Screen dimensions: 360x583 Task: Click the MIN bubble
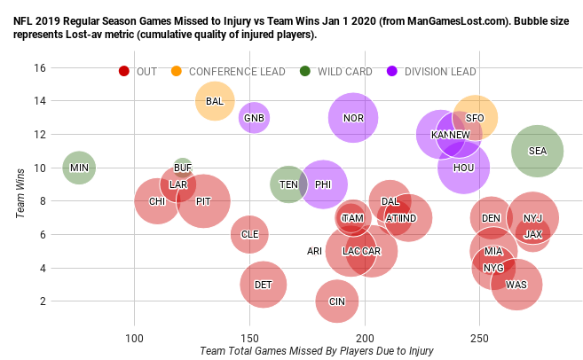(x=79, y=168)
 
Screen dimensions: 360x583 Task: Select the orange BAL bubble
(x=214, y=101)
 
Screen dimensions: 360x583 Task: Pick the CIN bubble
(x=337, y=301)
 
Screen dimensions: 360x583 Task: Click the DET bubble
(x=263, y=285)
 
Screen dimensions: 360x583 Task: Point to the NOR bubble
(x=353, y=118)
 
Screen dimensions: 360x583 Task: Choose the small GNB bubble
(x=254, y=118)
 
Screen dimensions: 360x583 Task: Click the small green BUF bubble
(x=183, y=167)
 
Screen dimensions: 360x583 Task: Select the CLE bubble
(x=250, y=234)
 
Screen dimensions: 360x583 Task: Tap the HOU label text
(x=463, y=168)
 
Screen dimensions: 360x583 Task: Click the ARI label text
(x=314, y=251)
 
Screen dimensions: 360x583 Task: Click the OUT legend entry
(x=146, y=71)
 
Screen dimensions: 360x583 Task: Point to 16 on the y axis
(x=39, y=67)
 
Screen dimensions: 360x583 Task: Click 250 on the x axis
(x=479, y=338)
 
